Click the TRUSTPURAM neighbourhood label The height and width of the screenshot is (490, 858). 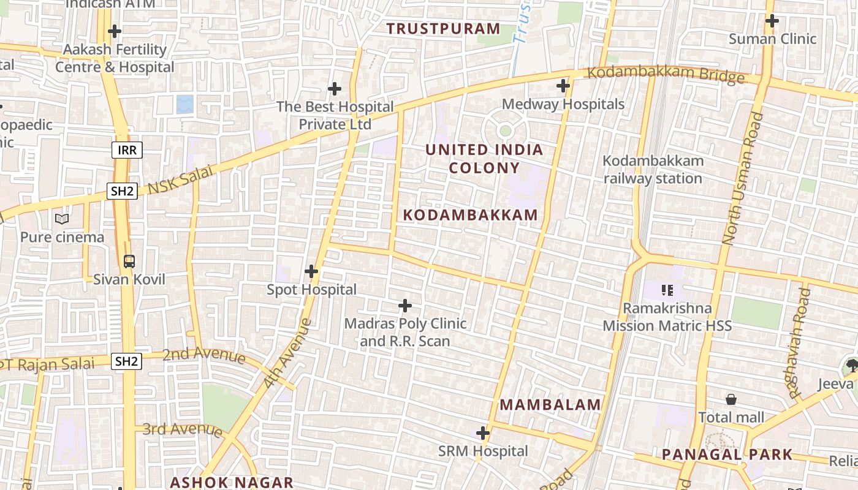(444, 28)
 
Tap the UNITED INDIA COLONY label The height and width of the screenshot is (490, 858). (484, 159)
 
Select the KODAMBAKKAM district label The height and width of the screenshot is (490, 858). (471, 215)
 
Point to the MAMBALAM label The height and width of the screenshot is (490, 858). (550, 404)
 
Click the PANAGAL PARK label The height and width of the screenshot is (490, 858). (727, 454)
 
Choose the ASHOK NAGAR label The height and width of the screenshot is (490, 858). (232, 482)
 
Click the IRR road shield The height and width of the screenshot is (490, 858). (127, 149)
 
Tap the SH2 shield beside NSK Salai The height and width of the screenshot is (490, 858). (122, 191)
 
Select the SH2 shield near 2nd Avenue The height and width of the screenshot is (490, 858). (126, 361)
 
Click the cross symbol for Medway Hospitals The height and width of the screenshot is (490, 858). (563, 86)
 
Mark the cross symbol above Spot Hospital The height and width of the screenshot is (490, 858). (311, 271)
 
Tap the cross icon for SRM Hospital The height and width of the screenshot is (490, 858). (483, 434)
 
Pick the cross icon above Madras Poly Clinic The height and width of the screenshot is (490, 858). (405, 305)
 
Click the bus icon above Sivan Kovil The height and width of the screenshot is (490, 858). (129, 262)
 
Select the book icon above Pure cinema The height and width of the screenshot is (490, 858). (62, 219)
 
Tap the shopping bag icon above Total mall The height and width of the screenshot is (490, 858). (731, 400)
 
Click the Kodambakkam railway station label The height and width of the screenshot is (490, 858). (653, 170)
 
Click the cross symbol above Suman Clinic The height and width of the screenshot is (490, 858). (772, 21)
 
